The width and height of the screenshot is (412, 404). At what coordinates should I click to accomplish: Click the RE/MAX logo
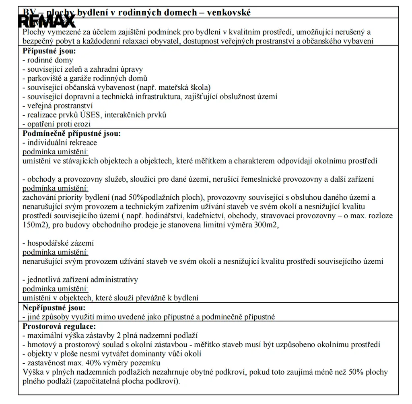pyautogui.click(x=46, y=21)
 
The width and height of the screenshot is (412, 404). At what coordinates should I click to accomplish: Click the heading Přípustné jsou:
pyautogui.click(x=49, y=51)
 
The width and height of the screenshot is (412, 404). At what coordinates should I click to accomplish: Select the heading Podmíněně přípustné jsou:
pyautogui.click(x=72, y=133)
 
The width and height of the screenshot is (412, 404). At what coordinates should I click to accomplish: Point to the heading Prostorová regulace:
pyautogui.click(x=59, y=326)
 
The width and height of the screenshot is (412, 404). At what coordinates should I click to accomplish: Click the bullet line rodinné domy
pyautogui.click(x=48, y=60)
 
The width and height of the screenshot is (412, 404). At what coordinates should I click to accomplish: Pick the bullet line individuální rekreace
pyautogui.click(x=60, y=143)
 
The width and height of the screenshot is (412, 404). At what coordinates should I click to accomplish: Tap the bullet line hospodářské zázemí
pyautogui.click(x=58, y=243)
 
